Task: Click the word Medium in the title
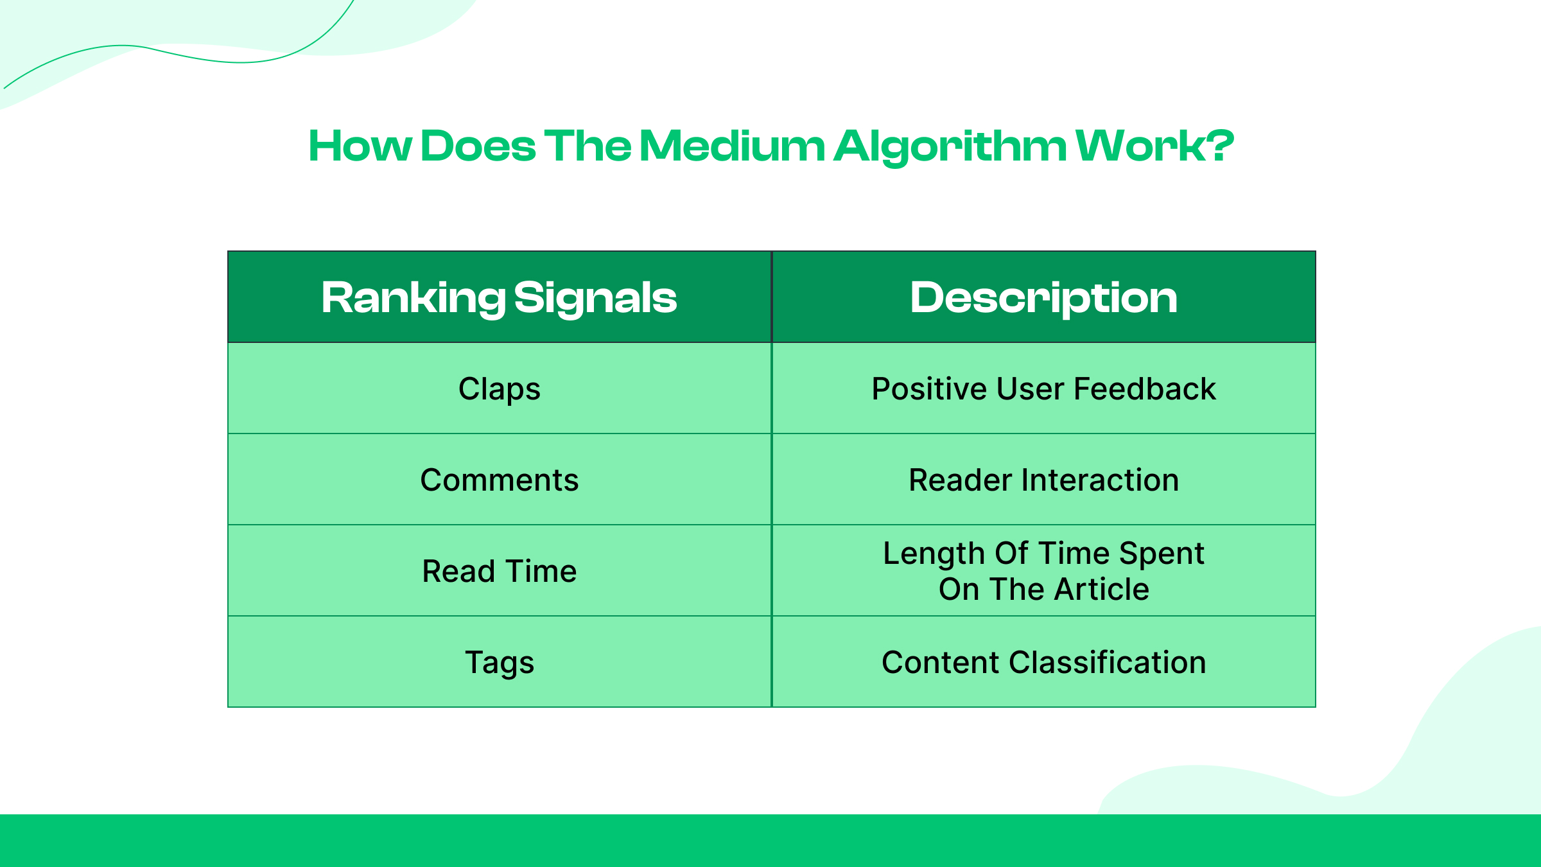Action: click(732, 146)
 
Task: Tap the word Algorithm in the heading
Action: click(950, 146)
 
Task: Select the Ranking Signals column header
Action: click(499, 297)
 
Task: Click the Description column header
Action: click(1043, 297)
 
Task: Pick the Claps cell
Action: click(499, 389)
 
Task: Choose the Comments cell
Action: click(499, 480)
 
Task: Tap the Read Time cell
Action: click(499, 571)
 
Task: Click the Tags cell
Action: click(499, 662)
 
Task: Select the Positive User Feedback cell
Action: click(1043, 389)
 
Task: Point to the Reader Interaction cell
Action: click(1043, 480)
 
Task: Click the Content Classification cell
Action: click(1043, 662)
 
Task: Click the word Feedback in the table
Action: click(1144, 389)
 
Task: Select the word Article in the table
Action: click(1101, 589)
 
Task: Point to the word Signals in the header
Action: click(595, 297)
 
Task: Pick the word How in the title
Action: click(360, 146)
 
